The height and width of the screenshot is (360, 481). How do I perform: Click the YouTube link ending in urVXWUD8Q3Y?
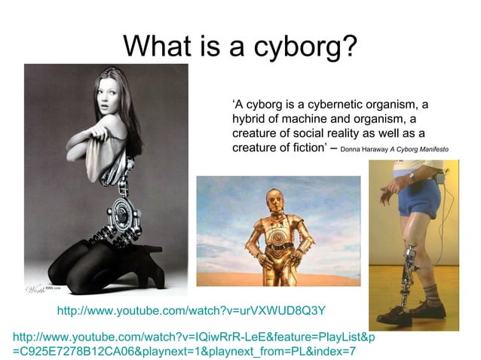point(191,310)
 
